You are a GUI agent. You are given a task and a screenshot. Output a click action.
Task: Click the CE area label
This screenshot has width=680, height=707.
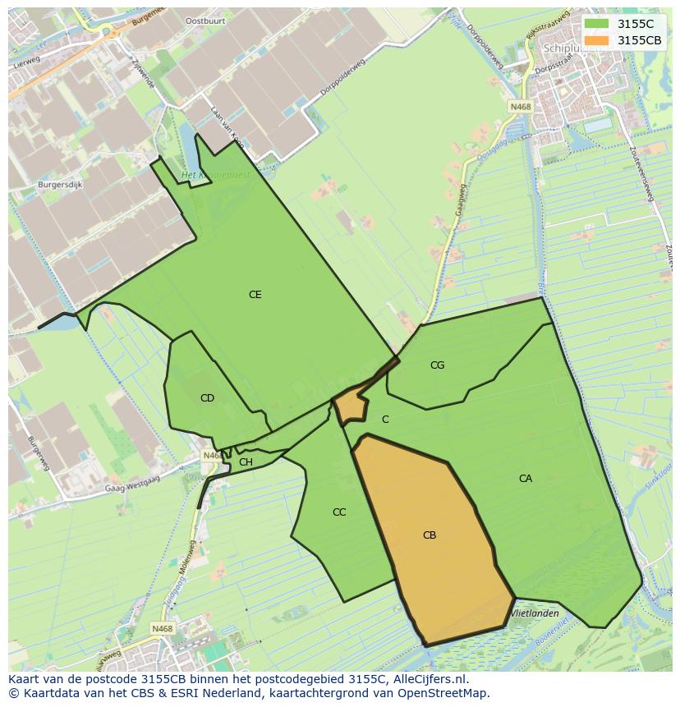click(x=255, y=295)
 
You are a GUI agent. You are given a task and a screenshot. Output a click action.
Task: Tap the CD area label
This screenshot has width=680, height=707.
click(x=207, y=398)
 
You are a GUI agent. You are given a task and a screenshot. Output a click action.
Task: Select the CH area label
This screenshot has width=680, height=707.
click(x=246, y=462)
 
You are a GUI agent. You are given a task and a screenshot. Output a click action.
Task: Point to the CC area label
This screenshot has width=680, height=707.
click(x=339, y=512)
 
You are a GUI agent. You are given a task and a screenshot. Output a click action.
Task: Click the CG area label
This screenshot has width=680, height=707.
click(x=438, y=365)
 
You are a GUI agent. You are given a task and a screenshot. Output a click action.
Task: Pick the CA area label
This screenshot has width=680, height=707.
click(x=526, y=479)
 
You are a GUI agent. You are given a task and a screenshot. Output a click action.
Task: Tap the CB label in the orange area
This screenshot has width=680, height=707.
click(x=430, y=535)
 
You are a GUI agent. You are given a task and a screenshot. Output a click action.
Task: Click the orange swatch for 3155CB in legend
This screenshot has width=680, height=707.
click(x=597, y=40)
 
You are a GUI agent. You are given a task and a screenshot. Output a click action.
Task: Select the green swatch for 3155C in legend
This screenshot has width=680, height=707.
click(x=597, y=24)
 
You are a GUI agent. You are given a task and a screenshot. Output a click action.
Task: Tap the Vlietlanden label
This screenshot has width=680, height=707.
click(x=535, y=613)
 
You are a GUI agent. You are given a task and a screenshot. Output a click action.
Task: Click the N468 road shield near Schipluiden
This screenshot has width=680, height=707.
click(x=519, y=107)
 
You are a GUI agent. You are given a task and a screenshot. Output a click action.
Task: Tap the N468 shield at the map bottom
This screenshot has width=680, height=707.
click(x=162, y=629)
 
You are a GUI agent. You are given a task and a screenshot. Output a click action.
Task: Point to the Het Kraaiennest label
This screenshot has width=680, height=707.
click(x=215, y=175)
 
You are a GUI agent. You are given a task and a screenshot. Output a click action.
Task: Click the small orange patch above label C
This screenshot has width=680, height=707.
click(x=351, y=405)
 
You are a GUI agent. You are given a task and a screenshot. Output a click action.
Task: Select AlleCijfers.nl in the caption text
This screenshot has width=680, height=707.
click(x=427, y=679)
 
